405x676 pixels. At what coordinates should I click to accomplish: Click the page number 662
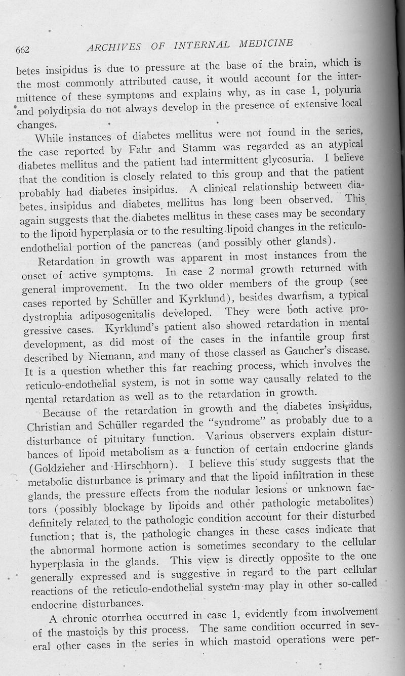(24, 50)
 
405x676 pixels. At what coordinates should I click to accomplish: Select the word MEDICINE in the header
(261, 44)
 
